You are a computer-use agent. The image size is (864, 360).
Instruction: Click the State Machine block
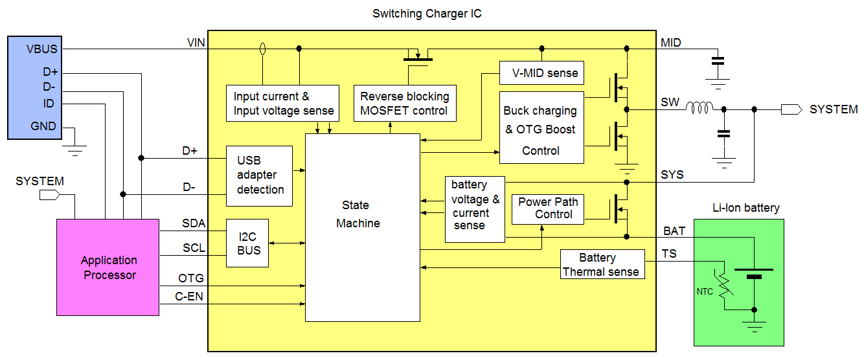[363, 227]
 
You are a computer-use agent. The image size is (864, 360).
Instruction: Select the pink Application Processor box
[108, 267]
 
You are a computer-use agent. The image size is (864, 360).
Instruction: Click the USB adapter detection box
[259, 175]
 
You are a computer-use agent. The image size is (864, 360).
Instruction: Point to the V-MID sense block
[541, 73]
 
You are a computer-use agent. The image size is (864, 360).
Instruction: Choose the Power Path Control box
[547, 208]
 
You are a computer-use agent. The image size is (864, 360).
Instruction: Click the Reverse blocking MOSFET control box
[405, 103]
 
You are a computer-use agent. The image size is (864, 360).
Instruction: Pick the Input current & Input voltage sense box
[283, 103]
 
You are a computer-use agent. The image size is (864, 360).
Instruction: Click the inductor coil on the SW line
[699, 109]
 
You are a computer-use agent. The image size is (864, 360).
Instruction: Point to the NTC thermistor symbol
[724, 285]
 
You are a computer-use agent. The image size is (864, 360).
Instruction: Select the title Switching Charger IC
[427, 13]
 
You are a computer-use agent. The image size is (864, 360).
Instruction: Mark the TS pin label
[669, 254]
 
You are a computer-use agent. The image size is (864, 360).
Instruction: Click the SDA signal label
[193, 224]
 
